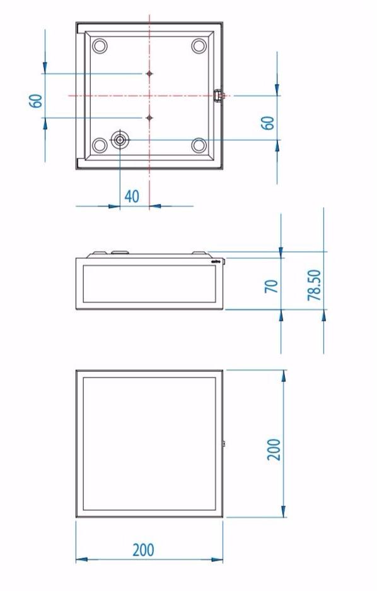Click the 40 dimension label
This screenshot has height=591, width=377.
tap(131, 196)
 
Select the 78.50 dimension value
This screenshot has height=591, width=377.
tap(315, 285)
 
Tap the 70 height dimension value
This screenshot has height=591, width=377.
tap(272, 287)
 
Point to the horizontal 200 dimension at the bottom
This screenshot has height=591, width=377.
tap(143, 550)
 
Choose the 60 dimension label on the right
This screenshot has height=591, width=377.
tap(269, 122)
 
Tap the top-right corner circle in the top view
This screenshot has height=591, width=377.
tap(199, 46)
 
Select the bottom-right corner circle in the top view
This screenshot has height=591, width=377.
tap(199, 145)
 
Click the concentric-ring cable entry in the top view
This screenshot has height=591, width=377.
tap(120, 140)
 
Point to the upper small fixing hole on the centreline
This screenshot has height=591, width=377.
tap(149, 74)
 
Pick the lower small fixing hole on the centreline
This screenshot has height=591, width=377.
tap(149, 117)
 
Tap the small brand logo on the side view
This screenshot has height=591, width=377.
tap(214, 259)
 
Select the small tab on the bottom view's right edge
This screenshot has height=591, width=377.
tap(224, 444)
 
